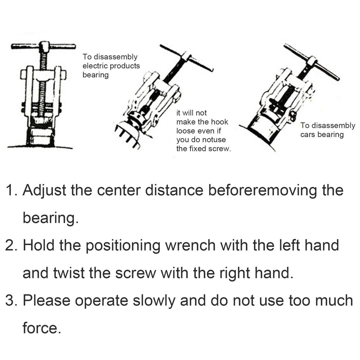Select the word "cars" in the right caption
point(308,135)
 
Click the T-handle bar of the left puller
point(43,46)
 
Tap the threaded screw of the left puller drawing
point(44,86)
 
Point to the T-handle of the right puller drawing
point(311,62)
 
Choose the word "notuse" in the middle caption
point(213,140)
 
